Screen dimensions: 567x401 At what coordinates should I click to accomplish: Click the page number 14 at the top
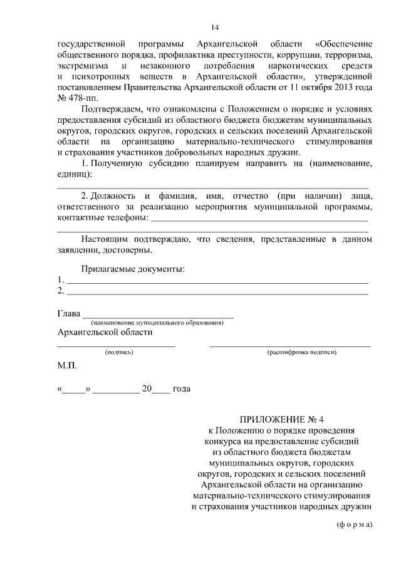point(215,27)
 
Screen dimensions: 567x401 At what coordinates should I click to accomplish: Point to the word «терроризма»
point(348,55)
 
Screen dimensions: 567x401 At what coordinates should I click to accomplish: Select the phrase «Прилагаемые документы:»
point(133,269)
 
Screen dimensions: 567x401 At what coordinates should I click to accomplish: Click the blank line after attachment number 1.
point(217,283)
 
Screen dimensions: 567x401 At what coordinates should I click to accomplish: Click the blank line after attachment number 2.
point(217,293)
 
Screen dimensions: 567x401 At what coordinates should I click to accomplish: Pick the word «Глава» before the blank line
point(69,313)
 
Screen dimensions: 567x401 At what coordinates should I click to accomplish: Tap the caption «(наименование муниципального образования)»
point(157,323)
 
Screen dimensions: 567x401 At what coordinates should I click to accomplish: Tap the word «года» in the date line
point(181,388)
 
